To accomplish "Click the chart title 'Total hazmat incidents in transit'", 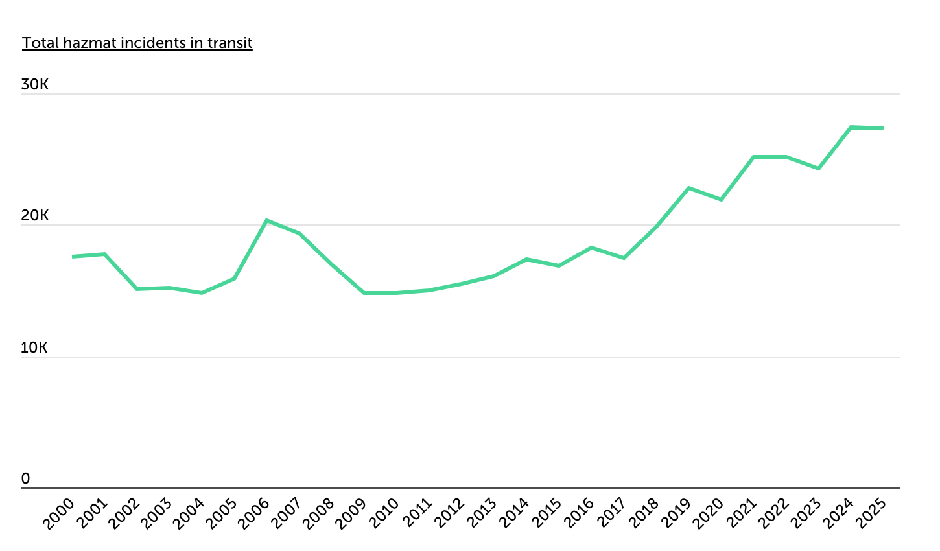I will (137, 43).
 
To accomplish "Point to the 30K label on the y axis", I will (35, 85).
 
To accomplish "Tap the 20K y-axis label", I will (35, 216).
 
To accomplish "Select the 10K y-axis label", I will (35, 347).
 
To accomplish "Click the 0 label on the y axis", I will (25, 478).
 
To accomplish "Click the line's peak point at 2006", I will (266, 220).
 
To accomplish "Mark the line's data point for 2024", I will (851, 127).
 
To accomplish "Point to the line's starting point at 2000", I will (73, 257).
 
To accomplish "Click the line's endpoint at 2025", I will (883, 128).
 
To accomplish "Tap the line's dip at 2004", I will (202, 293).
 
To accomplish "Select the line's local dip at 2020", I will (721, 200).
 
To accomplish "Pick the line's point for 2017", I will (624, 258).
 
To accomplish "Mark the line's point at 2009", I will (364, 293).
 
